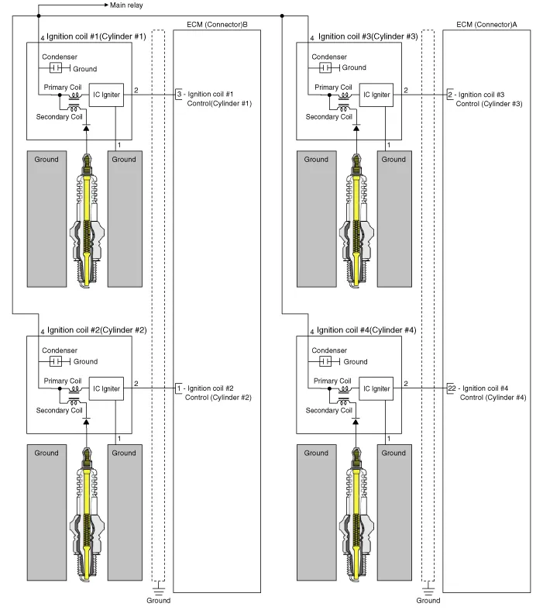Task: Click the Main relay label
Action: [x=127, y=5]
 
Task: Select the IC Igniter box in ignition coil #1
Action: [x=107, y=95]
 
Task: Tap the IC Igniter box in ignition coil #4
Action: [x=376, y=388]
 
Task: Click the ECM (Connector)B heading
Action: [x=218, y=25]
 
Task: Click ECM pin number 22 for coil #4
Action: [x=451, y=388]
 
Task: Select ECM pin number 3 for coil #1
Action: [x=179, y=94]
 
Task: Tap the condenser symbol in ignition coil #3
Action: [x=326, y=68]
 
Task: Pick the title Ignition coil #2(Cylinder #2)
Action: [x=97, y=329]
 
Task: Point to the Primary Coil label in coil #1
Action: [x=62, y=88]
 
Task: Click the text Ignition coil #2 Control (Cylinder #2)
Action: [x=219, y=392]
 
